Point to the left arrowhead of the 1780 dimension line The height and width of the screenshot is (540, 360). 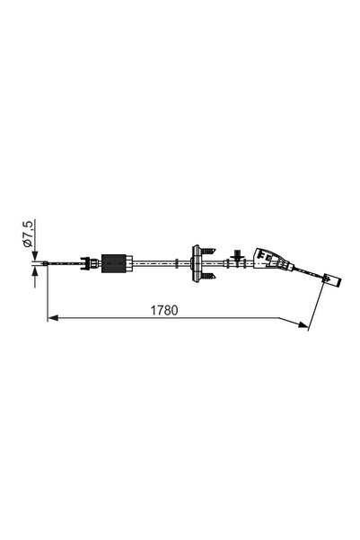pyautogui.click(x=52, y=317)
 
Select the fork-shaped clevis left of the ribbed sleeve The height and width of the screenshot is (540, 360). pyautogui.click(x=88, y=263)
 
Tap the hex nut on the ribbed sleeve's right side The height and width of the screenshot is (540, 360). pyautogui.click(x=132, y=263)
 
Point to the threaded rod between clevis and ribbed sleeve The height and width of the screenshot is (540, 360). pyautogui.click(x=99, y=263)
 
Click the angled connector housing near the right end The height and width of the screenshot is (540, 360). pyautogui.click(x=268, y=260)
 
